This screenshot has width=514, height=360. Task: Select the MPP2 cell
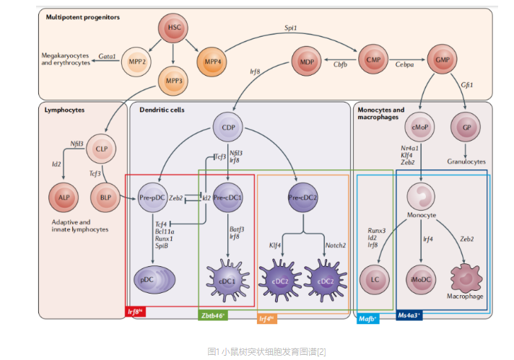pos(135,62)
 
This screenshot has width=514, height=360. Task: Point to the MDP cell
pos(306,62)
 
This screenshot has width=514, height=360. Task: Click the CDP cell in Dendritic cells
pos(228,128)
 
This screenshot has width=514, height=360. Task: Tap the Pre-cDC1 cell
pos(229,196)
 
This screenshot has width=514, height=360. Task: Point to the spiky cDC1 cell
pos(228,277)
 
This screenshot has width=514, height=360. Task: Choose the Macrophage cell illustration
pos(465,278)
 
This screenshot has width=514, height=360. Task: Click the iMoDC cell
pos(421,278)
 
